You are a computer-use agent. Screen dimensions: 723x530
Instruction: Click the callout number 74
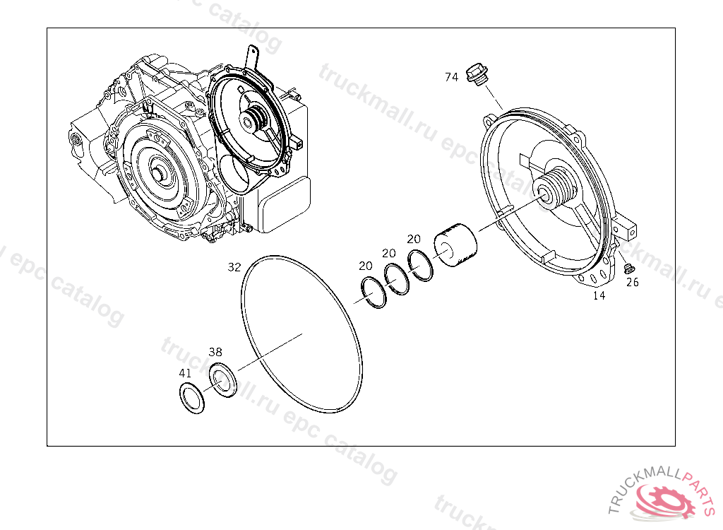coord(451,77)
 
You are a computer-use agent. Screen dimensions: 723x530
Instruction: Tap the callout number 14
coord(599,295)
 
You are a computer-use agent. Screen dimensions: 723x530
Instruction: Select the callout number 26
coord(632,282)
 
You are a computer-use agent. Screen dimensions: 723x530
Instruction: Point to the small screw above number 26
coord(628,269)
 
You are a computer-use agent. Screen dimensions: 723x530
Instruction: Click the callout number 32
coord(234,267)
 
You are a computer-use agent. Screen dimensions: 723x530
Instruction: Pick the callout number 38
coord(215,352)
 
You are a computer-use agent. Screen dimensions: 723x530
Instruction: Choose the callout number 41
coord(185,373)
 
